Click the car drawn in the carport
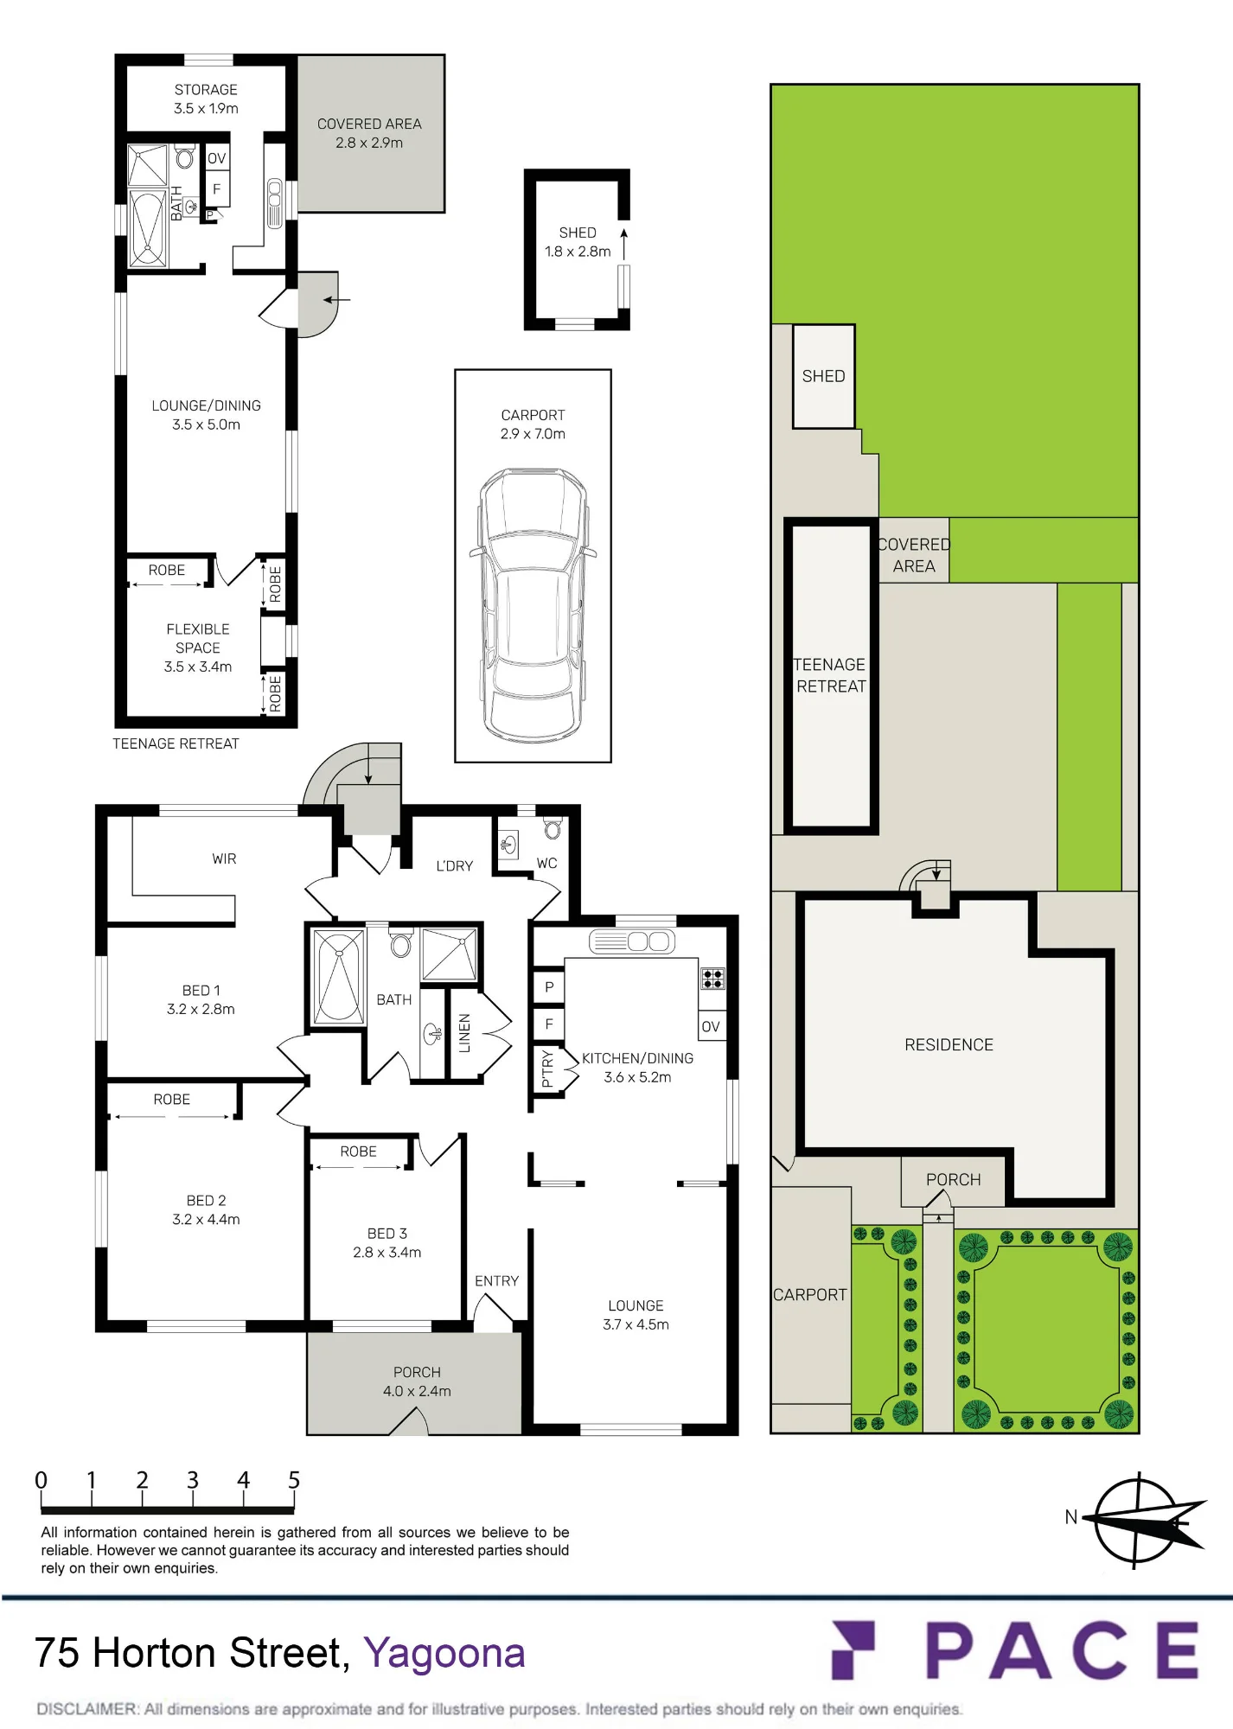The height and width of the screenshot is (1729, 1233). coord(533,605)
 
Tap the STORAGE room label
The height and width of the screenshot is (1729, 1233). coord(206,90)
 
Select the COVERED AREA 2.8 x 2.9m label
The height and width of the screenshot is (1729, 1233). coord(369,133)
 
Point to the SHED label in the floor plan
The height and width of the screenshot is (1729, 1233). coord(578,233)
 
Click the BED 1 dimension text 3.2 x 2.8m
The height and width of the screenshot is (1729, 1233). coord(201,1009)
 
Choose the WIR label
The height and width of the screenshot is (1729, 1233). coord(224,858)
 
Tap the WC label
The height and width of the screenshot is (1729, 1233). coord(546,863)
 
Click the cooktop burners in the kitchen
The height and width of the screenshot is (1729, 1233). coord(712,979)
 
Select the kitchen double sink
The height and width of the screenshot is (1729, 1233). coord(633,941)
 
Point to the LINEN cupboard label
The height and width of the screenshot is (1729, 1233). coord(464,1033)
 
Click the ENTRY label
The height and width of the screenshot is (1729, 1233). coord(496,1280)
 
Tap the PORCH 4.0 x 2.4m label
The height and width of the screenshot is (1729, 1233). coord(417,1381)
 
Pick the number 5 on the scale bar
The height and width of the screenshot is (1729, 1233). coord(294,1480)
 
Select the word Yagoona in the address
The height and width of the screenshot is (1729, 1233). coord(444,1653)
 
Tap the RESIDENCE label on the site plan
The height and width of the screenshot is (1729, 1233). coord(949,1044)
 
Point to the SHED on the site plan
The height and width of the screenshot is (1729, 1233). coord(823,376)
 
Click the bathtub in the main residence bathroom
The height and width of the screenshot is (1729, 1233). coord(339,977)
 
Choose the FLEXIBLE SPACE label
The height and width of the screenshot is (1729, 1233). coord(198,638)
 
